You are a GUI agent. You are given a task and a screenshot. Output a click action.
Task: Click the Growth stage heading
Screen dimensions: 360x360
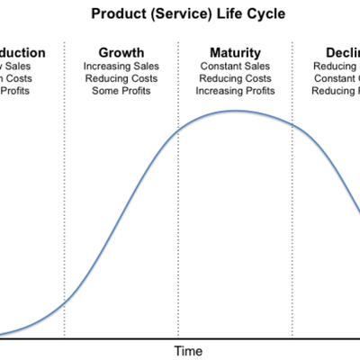121,52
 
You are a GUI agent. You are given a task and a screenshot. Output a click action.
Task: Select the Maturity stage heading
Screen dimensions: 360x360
236,52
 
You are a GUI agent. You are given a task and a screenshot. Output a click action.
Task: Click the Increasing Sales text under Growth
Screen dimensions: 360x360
121,67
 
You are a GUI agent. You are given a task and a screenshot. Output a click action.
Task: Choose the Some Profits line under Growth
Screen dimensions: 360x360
121,92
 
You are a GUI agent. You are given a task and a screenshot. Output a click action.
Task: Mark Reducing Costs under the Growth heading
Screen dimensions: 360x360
121,79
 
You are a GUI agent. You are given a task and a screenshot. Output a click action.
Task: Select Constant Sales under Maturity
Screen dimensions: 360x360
236,67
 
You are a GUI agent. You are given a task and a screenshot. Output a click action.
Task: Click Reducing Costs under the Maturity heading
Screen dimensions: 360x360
236,79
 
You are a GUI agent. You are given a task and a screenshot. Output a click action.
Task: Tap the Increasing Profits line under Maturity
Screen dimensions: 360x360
236,92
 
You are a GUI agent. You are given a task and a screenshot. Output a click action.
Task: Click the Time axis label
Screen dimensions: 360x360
188,350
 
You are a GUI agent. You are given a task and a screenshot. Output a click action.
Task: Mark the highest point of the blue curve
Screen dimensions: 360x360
236,111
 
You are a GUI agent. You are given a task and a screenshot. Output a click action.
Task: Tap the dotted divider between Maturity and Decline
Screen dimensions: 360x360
293,225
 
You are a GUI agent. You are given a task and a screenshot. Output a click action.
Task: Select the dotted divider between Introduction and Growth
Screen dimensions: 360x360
65,225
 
